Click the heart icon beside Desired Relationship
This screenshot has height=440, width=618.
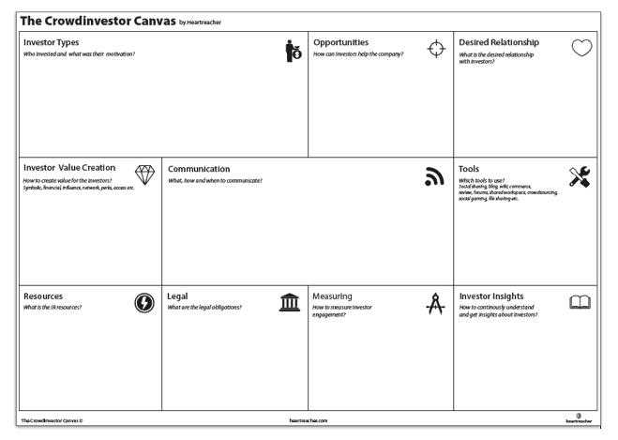[x=582, y=50]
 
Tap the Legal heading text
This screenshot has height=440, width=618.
[x=178, y=296]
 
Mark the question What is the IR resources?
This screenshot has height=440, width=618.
[x=62, y=307]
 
